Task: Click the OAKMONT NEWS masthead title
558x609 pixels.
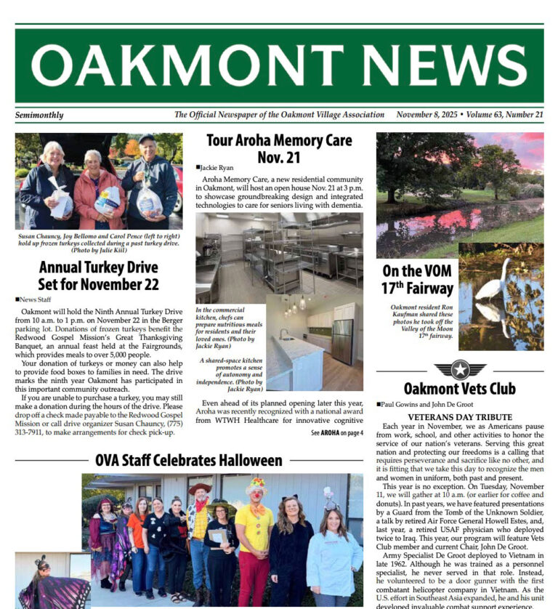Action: (279, 65)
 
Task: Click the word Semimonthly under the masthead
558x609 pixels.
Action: (39, 115)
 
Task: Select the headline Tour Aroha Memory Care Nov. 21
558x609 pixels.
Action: (279, 148)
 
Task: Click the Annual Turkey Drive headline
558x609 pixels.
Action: (99, 275)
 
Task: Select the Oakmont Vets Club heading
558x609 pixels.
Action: (459, 389)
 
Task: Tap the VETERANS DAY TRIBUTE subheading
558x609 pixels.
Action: (459, 417)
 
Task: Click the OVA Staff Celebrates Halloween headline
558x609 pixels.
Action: (188, 460)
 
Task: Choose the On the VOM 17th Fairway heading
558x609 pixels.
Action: (418, 279)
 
